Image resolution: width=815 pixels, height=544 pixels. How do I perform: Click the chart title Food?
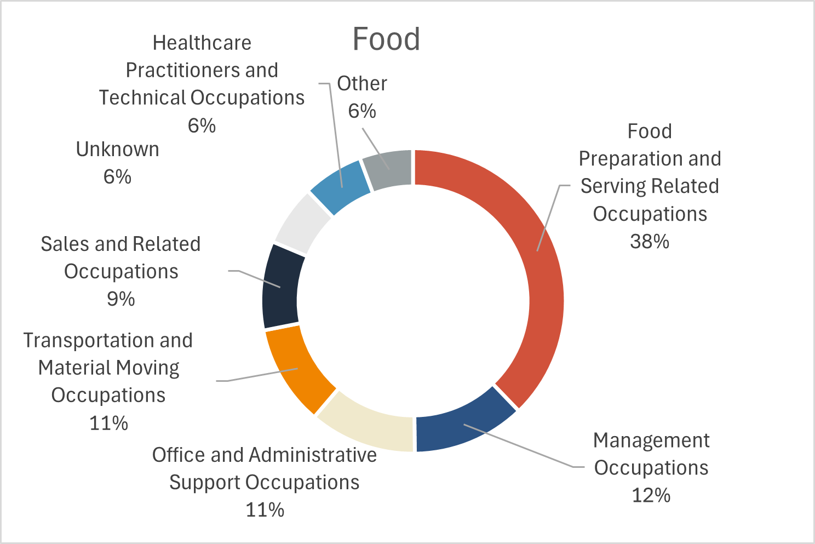click(386, 39)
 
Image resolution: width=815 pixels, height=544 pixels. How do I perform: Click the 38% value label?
click(650, 241)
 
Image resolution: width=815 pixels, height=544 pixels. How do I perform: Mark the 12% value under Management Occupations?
click(651, 495)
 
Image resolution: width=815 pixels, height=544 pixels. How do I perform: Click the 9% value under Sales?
click(120, 299)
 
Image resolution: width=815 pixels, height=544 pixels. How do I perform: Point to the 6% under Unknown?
click(117, 177)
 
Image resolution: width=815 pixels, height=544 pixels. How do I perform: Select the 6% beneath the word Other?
click(362, 111)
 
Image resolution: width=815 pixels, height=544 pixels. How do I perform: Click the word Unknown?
click(117, 149)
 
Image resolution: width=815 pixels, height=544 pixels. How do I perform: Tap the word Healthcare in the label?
click(202, 43)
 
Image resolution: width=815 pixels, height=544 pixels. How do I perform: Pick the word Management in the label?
click(651, 440)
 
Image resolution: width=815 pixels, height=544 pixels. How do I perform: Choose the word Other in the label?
click(362, 84)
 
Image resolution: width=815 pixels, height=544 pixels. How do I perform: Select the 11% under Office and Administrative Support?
click(265, 510)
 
